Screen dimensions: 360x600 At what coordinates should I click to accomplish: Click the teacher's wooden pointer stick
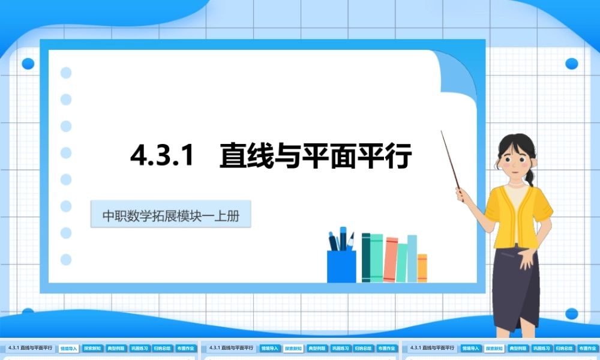(451, 159)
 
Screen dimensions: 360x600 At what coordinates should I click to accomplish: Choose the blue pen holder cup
(341, 266)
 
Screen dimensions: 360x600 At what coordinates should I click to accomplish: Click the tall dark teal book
(365, 257)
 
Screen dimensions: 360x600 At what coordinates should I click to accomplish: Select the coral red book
(391, 260)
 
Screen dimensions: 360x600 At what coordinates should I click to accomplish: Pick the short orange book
(422, 268)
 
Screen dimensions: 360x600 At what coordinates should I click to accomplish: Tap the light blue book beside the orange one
(412, 258)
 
